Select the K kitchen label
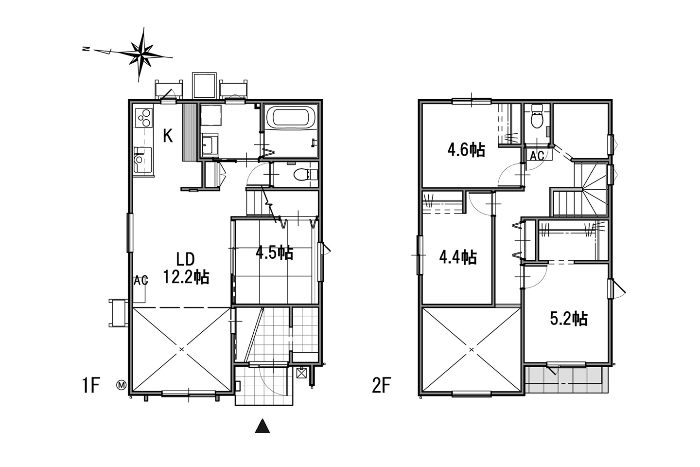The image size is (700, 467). tap(168, 136)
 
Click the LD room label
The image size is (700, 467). tap(185, 259)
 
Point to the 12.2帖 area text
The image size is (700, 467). tap(186, 276)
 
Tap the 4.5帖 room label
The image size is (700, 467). tap(274, 253)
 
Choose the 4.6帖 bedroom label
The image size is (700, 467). tap(466, 150)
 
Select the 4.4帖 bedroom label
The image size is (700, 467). tap(458, 257)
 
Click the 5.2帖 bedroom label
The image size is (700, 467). tap(569, 319)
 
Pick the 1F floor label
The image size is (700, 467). tap(90, 385)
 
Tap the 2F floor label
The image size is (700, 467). tap(381, 385)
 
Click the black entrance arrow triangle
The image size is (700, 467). tap(262, 426)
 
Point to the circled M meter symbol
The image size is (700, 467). tap(122, 385)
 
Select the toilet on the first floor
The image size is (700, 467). tap(306, 175)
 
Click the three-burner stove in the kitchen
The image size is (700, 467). tap(144, 118)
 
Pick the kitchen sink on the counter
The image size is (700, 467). tap(143, 160)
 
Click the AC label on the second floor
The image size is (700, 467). tap(537, 156)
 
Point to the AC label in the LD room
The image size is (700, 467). tap(140, 281)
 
